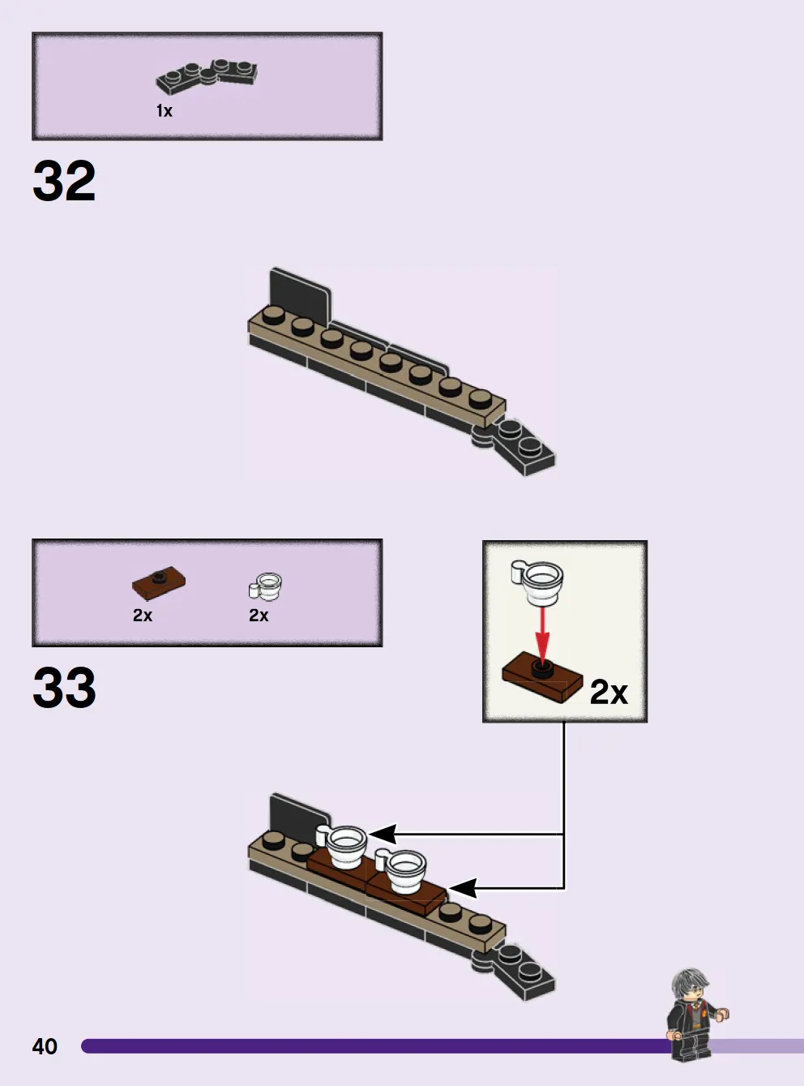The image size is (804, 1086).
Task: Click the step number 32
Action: [x=64, y=181]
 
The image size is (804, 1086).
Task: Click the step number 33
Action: [x=64, y=687]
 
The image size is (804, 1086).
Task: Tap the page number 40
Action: [x=45, y=1046]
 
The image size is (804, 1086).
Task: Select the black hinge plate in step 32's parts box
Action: [x=207, y=76]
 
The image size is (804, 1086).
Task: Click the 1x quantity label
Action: [x=165, y=111]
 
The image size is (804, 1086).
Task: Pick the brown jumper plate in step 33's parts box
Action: [x=159, y=582]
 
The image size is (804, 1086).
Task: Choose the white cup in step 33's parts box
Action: [x=266, y=586]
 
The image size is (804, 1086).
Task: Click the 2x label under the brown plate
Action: [x=143, y=616]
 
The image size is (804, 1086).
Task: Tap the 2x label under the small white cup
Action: [x=259, y=616]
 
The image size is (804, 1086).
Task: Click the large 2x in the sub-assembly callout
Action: [x=609, y=692]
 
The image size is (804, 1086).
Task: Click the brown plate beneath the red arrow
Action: [x=542, y=677]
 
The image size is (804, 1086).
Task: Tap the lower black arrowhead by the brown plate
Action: [x=463, y=888]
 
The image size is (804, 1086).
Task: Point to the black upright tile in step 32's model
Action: [x=300, y=294]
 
